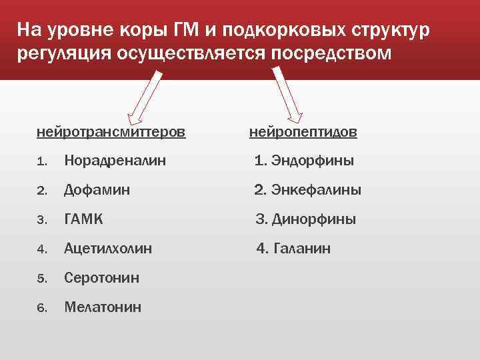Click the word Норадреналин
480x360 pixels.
pos(115,161)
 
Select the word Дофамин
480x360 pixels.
pos(97,190)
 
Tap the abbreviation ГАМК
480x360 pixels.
pos(83,219)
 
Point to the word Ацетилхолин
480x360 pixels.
pos(108,249)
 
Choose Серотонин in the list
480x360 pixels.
pos(101,278)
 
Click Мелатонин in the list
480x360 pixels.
pos(103,307)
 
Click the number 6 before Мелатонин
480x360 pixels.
pos(41,308)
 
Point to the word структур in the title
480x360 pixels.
pos(387,31)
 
